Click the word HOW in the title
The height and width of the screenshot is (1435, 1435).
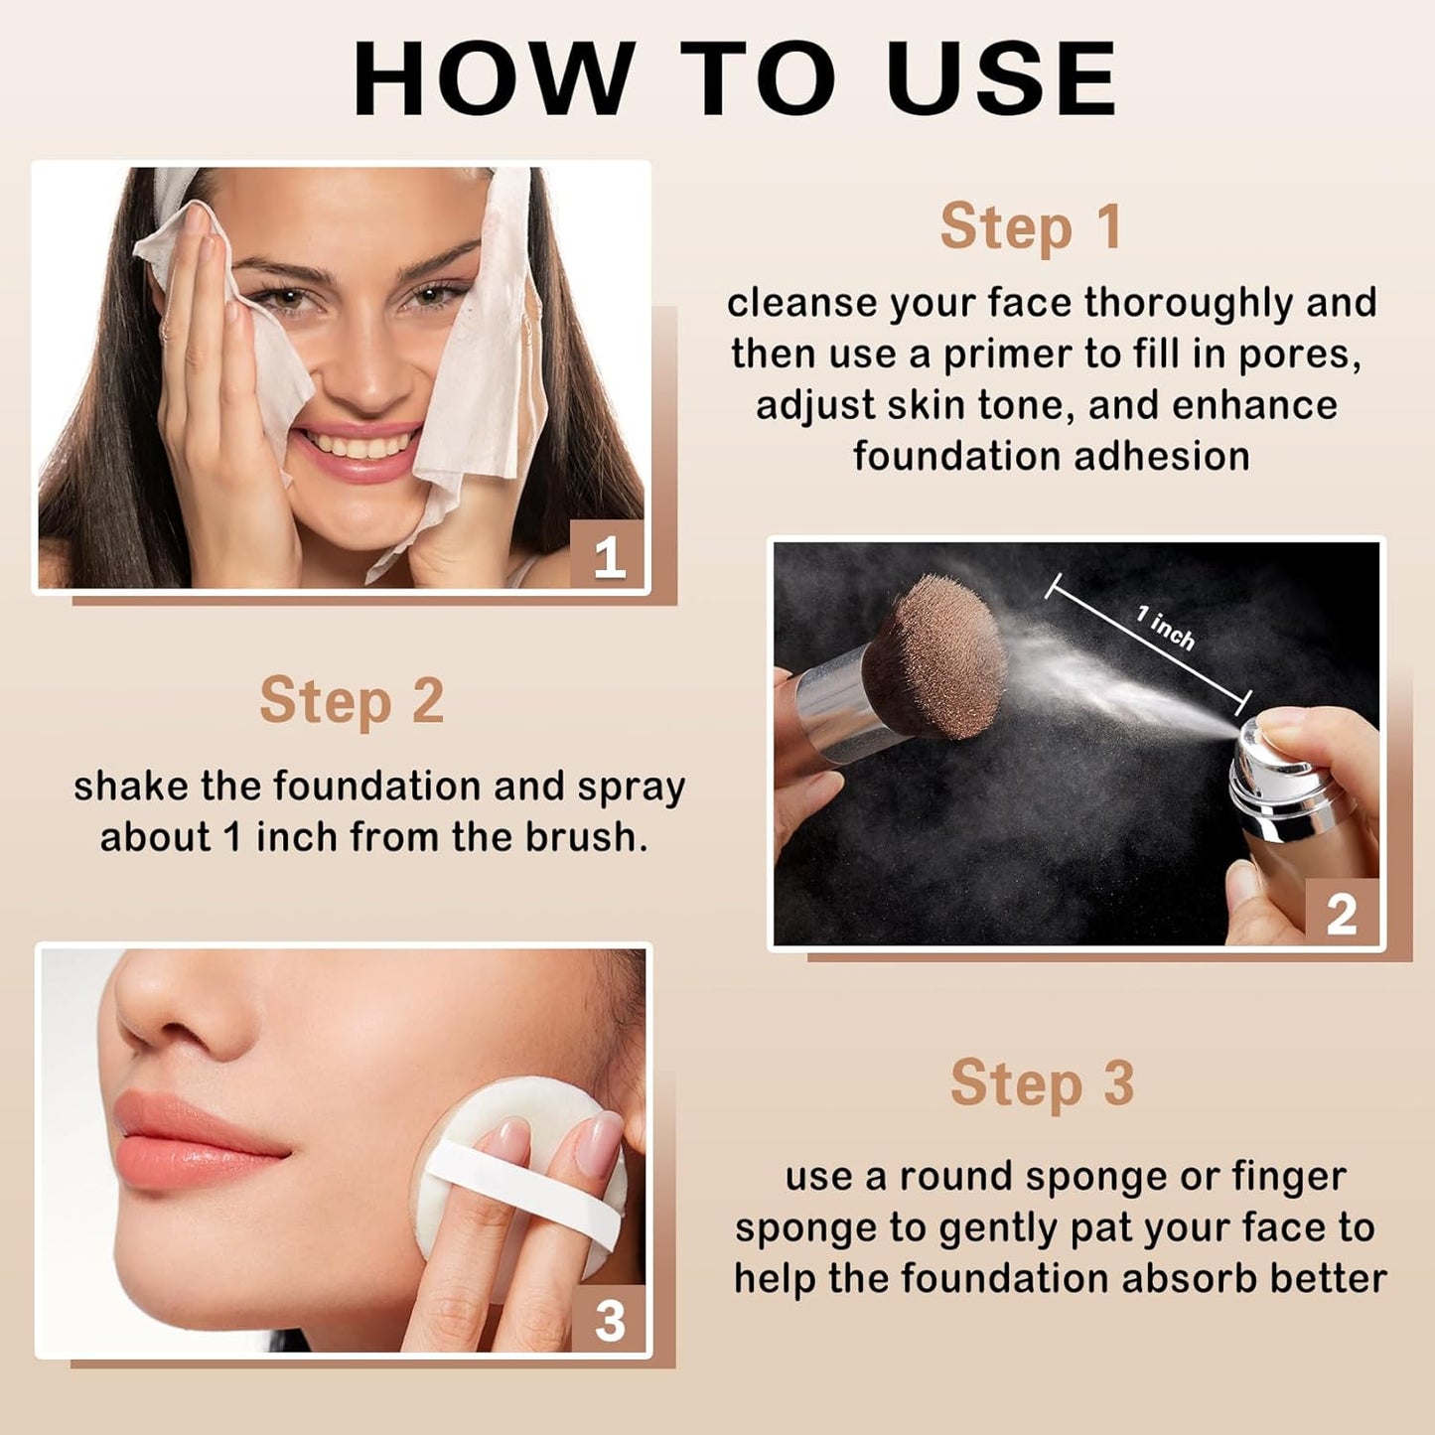tap(494, 79)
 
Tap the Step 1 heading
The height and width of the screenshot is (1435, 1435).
tap(1031, 226)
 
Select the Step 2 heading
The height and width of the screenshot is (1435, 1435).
tap(352, 701)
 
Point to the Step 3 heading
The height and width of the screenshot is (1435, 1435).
tap(1042, 1082)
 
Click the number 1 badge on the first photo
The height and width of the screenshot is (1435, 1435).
tap(608, 557)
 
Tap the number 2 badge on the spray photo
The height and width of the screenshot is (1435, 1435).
tap(1341, 914)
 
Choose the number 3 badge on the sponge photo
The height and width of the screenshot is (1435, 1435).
tap(609, 1321)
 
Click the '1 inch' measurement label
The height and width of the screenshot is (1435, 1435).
tap(1165, 628)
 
